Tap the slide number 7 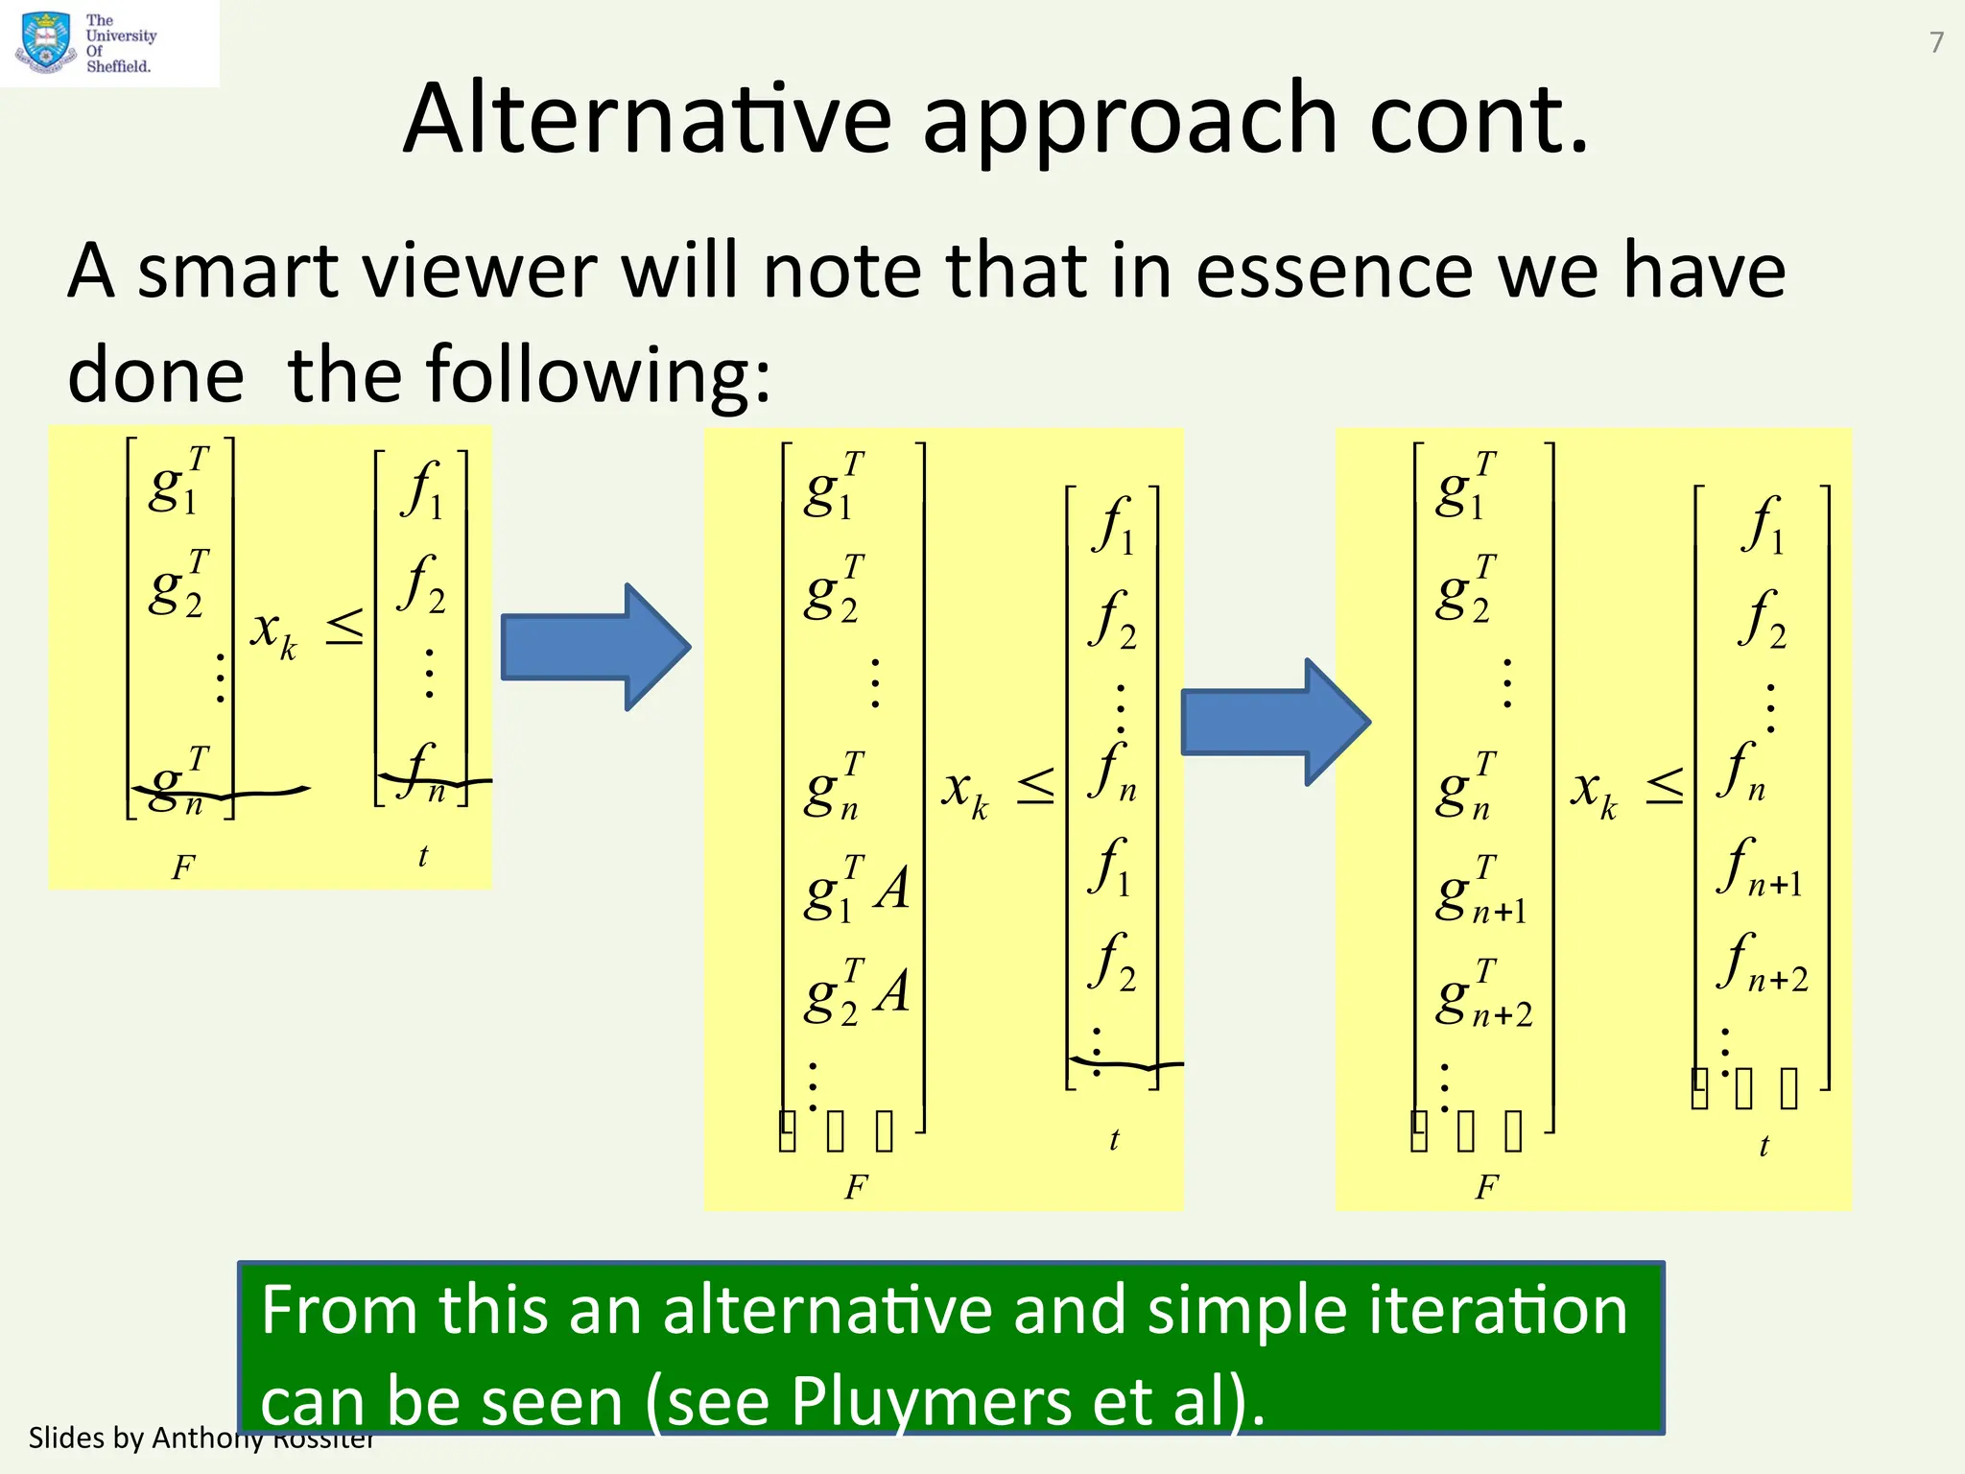click(1936, 42)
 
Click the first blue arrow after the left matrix click(595, 647)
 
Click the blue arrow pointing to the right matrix click(1274, 722)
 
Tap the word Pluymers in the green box click(929, 1401)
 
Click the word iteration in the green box click(1497, 1310)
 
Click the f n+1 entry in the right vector click(1760, 868)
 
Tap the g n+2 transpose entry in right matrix click(1483, 994)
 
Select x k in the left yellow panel click(273, 633)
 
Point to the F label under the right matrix click(1486, 1188)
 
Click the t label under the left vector click(423, 856)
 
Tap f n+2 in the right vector click(1762, 963)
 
